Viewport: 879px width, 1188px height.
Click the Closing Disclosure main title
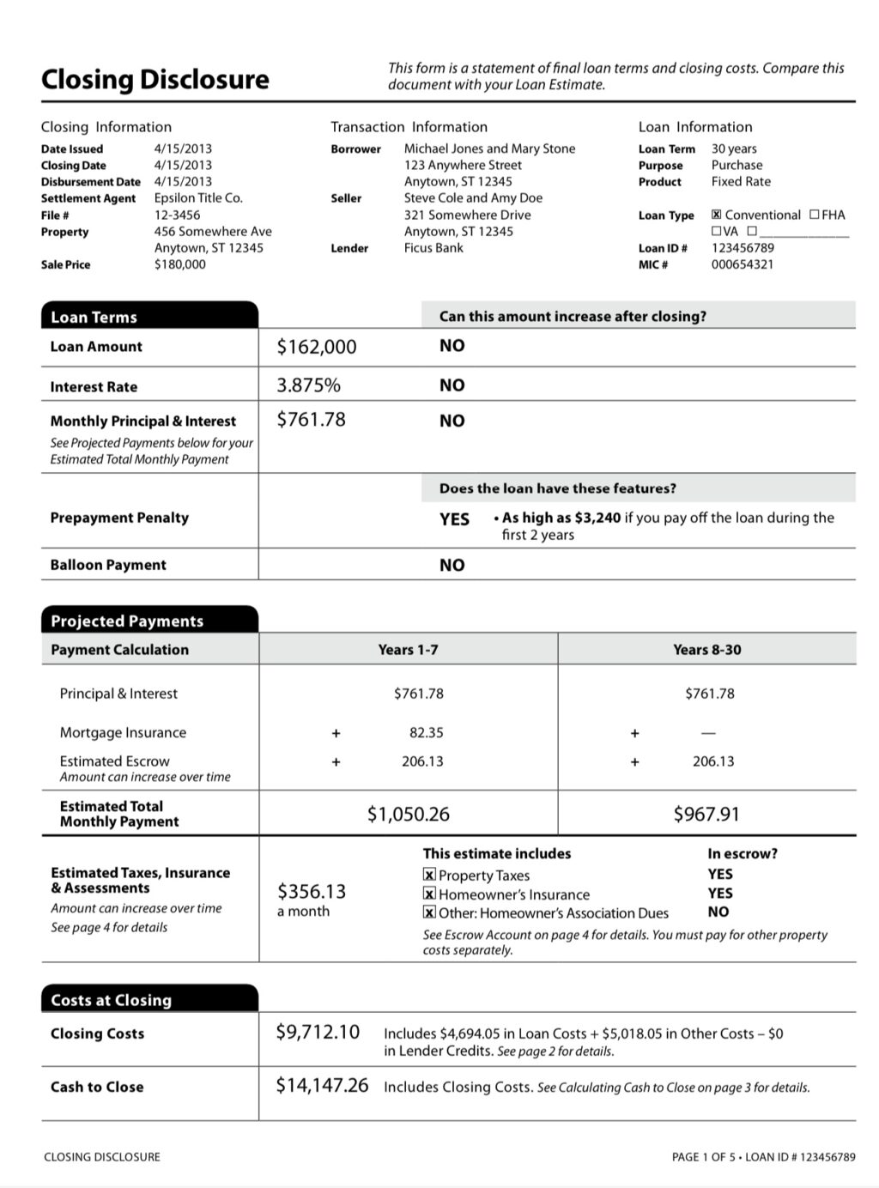click(155, 80)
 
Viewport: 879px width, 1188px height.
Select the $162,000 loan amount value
click(316, 347)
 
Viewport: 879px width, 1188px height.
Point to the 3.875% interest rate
click(308, 385)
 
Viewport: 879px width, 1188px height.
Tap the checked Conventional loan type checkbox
click(716, 215)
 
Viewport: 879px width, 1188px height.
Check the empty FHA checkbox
click(814, 215)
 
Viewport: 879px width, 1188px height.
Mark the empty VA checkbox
click(716, 231)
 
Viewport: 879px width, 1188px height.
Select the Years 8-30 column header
click(706, 650)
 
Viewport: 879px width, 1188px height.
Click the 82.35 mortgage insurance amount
click(426, 733)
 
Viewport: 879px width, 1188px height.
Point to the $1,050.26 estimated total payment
click(408, 814)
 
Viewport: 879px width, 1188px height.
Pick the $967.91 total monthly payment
click(706, 814)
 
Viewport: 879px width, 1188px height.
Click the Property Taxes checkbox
click(429, 875)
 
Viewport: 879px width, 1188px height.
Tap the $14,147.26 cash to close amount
click(322, 1086)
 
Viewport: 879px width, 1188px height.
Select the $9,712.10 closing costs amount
click(317, 1032)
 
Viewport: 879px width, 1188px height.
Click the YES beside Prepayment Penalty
click(454, 519)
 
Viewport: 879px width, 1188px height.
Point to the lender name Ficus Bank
click(433, 248)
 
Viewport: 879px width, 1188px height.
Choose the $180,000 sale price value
click(179, 264)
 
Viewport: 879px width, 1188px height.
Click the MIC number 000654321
click(742, 264)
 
